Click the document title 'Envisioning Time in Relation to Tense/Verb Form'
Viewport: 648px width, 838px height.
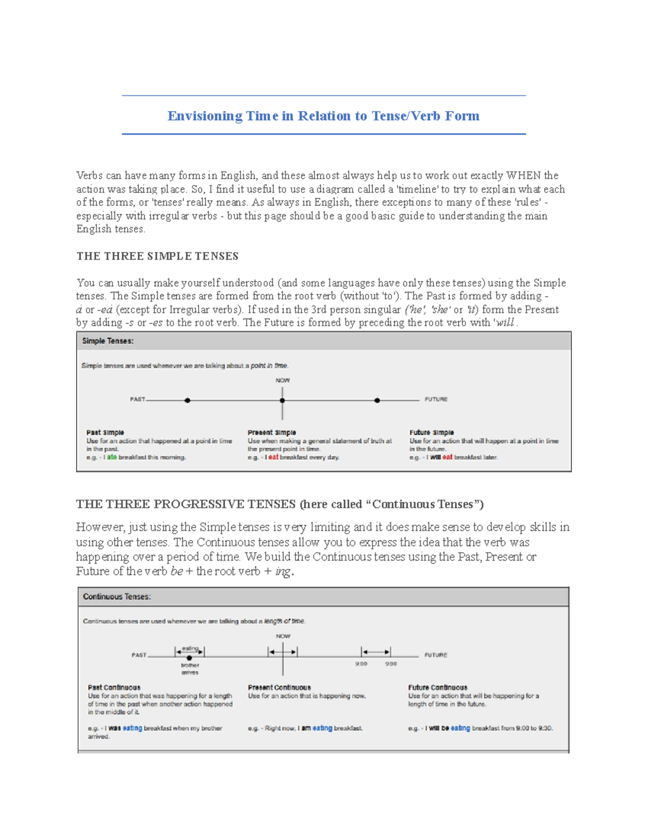tap(323, 116)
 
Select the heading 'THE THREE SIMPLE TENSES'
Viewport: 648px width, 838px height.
tap(157, 256)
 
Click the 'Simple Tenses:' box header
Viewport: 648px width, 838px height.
tap(108, 341)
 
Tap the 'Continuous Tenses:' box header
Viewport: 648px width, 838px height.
tap(117, 597)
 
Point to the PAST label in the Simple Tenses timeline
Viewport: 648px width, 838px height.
tap(137, 399)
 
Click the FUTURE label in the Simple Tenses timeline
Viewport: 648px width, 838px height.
tap(436, 399)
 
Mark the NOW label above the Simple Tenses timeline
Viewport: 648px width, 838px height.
tap(282, 380)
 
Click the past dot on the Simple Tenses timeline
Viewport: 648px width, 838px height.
tap(187, 400)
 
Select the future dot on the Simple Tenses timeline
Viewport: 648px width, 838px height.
tap(377, 400)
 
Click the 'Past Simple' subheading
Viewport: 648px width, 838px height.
tap(105, 433)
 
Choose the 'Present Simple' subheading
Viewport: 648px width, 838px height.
tap(272, 433)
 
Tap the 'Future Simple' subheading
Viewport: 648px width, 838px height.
tap(431, 433)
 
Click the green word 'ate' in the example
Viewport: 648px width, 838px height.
tap(112, 457)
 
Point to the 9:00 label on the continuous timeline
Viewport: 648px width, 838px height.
tap(361, 664)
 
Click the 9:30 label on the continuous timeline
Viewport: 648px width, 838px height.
tap(391, 664)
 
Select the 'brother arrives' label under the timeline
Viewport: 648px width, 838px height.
tap(190, 669)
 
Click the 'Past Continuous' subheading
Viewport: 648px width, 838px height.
tap(114, 687)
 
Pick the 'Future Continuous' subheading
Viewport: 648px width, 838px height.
tap(437, 687)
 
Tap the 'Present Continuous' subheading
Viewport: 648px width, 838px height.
tap(279, 687)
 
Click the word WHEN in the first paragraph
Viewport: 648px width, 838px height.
tap(523, 176)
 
